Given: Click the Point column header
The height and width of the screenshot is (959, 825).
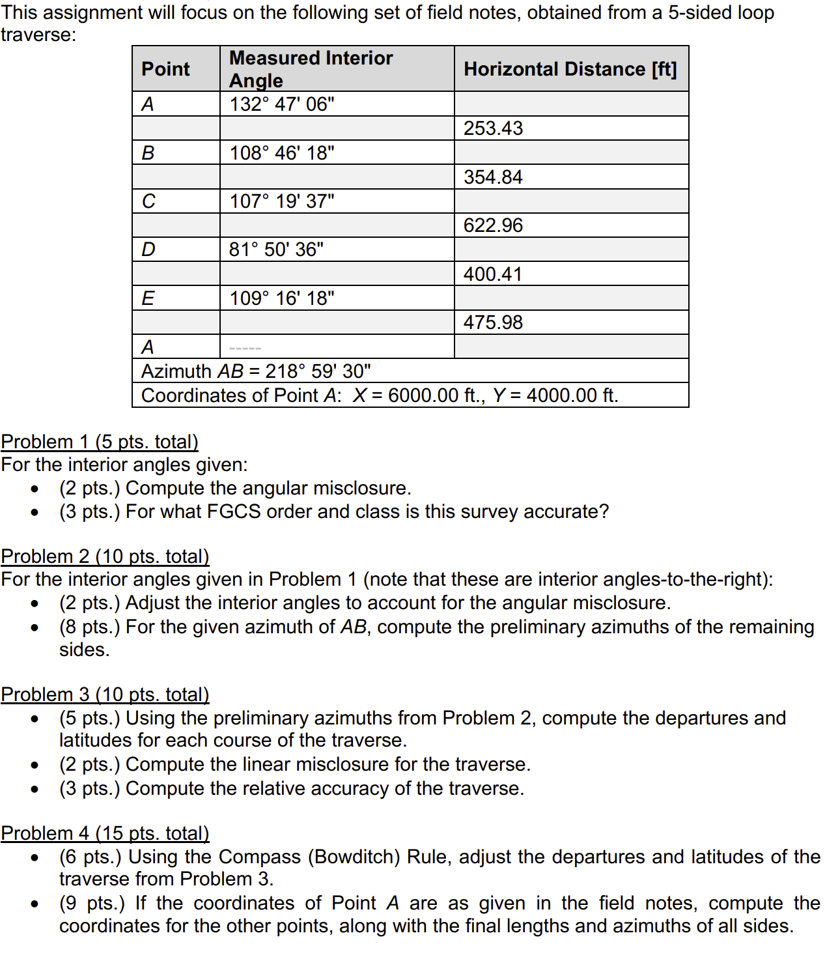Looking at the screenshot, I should pos(165,69).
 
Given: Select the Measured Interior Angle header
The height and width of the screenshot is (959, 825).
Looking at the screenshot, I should pos(311,69).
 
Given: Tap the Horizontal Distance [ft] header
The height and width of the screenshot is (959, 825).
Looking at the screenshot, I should pos(570,69).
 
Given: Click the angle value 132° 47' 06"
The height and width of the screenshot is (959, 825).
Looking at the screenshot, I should pos(282,104).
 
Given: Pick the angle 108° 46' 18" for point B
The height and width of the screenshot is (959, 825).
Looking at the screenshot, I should pos(282,153).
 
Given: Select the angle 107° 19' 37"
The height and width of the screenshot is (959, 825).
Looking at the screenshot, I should pos(282,201).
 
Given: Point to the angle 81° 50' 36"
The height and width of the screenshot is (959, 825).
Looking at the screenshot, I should pos(276,250).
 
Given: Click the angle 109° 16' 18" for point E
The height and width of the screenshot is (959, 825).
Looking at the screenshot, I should pos(282,298).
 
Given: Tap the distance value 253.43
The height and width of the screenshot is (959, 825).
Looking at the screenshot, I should pos(493,128).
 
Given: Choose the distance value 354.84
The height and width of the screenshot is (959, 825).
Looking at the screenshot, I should pos(493,177).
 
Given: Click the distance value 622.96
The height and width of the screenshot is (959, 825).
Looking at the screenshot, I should pos(493,225).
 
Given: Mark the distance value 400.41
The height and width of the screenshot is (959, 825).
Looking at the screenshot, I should pos(493,274).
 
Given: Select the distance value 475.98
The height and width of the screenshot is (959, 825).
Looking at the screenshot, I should pos(493,322).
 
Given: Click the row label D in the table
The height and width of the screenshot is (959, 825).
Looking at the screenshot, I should pos(148,250).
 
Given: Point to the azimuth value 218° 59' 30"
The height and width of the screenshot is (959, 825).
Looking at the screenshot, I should pos(318,371).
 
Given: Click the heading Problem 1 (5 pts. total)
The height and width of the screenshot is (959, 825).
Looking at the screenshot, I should pos(100,442).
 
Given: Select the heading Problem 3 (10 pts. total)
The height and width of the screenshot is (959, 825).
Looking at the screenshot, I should pos(105,694).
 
